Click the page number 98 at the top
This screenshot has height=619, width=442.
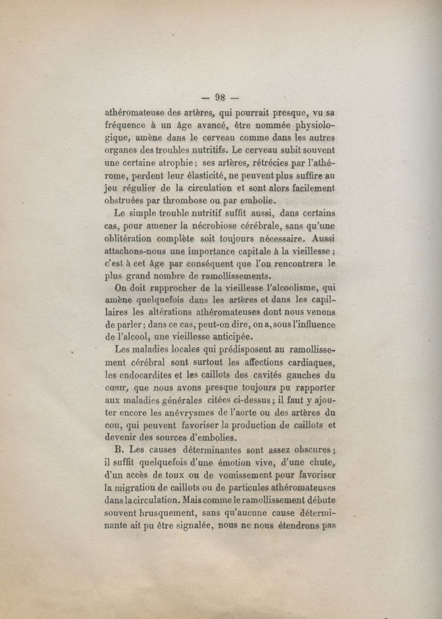220,98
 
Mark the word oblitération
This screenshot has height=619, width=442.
130,238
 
